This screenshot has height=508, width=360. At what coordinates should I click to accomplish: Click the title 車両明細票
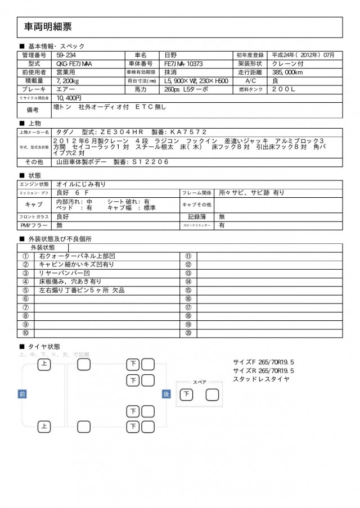click(x=48, y=26)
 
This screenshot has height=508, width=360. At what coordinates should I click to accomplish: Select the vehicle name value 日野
click(x=170, y=55)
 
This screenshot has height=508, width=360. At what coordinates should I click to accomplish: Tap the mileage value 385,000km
click(x=289, y=72)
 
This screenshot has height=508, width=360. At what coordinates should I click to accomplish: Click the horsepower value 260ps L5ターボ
click(x=186, y=89)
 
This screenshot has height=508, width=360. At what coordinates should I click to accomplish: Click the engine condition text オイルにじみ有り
click(x=81, y=184)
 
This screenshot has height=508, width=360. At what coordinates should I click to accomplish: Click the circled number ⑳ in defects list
click(x=188, y=334)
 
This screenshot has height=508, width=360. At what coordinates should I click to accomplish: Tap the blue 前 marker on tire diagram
click(x=22, y=394)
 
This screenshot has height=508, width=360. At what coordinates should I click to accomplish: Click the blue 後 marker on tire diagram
click(x=166, y=394)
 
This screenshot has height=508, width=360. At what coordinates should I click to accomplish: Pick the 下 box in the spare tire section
click(x=186, y=394)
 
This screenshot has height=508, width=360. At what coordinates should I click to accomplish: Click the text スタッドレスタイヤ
click(x=262, y=379)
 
